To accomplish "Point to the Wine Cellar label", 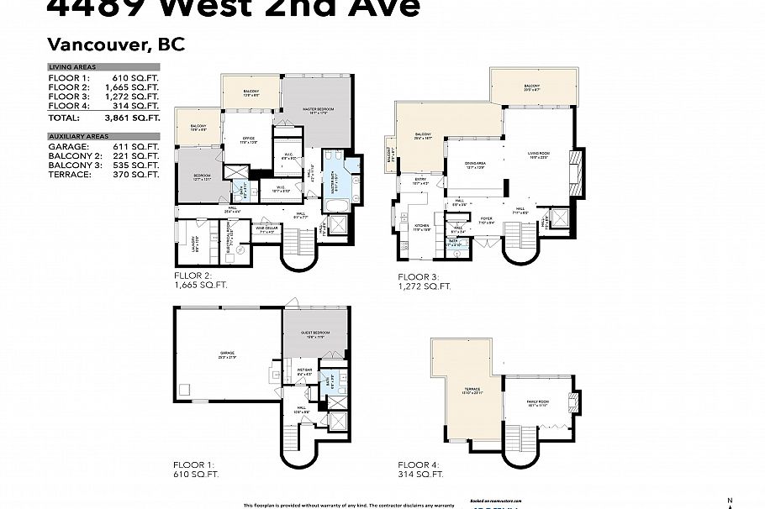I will click(267, 228).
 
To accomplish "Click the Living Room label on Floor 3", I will click(538, 154).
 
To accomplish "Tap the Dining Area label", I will click(475, 165).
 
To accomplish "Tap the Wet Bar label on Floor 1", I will click(304, 370).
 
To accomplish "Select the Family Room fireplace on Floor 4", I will click(575, 401).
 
